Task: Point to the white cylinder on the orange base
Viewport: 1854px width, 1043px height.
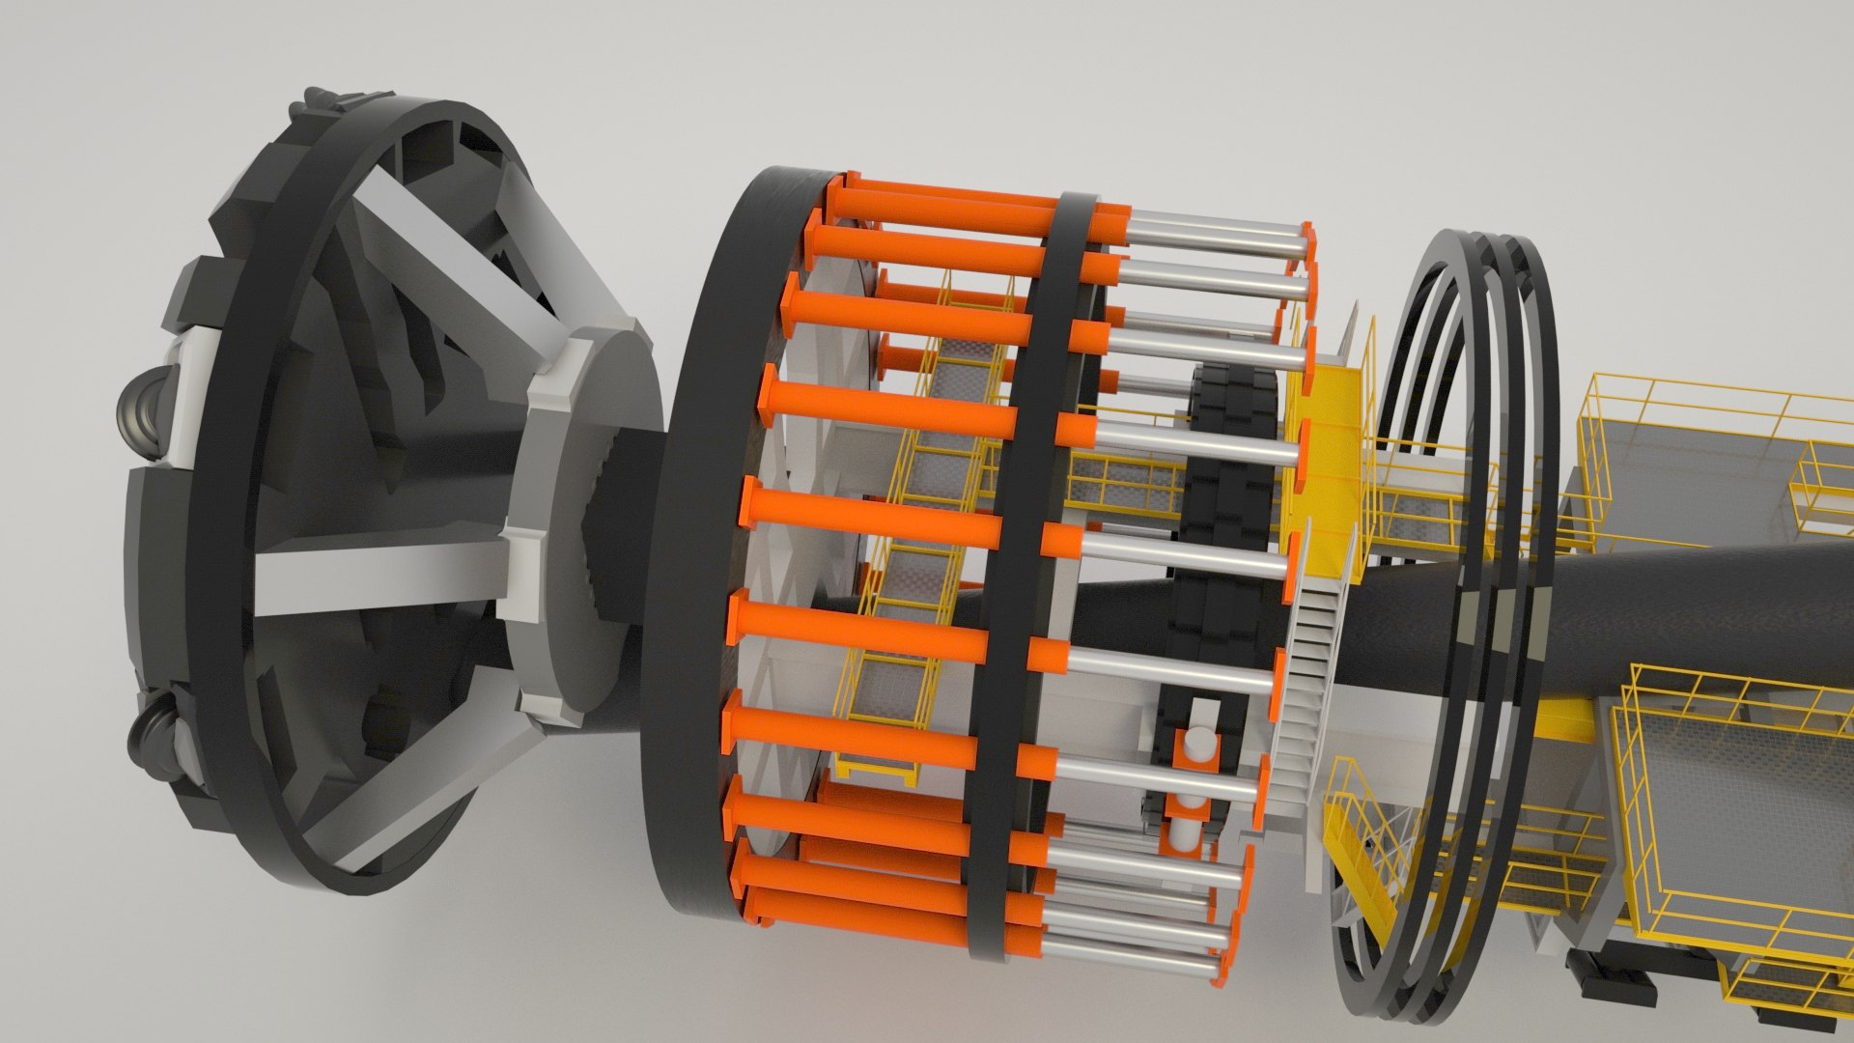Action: [x=1197, y=748]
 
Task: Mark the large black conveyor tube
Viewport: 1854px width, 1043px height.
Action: [x=1642, y=599]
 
